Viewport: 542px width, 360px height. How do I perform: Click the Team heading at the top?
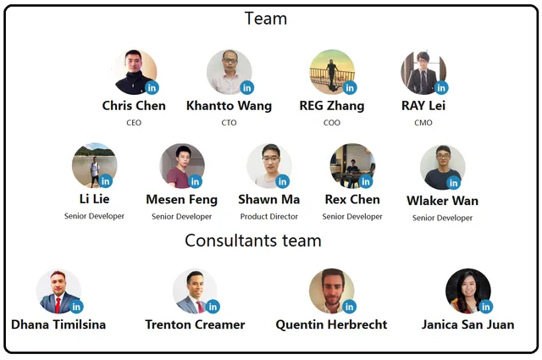coord(266,19)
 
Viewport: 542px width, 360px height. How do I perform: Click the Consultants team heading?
coord(253,241)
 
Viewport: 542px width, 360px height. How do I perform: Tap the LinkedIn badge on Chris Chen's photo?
coord(152,88)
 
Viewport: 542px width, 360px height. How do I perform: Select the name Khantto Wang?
coord(229,106)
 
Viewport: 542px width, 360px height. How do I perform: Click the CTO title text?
coord(229,123)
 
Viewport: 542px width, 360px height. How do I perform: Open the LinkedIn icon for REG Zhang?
coord(350,88)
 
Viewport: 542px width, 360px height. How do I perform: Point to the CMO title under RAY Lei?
coord(423,123)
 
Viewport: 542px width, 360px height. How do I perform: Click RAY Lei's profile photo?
coord(423,72)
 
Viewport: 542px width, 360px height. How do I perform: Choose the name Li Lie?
coord(94,199)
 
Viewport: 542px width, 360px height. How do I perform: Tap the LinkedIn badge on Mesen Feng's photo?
coord(195,181)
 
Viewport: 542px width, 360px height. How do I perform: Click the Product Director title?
coord(269,217)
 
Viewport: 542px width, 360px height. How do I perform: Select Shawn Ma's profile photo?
coord(269,166)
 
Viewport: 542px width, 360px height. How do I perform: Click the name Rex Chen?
coord(352,200)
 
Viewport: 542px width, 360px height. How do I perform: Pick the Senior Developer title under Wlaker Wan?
coord(442,218)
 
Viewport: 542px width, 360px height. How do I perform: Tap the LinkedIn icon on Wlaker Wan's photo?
coord(453,183)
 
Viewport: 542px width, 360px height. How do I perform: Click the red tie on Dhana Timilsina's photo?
coord(58,304)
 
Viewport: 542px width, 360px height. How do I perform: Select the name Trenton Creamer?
coord(195,324)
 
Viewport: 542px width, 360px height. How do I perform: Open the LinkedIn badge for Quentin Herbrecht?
coord(350,307)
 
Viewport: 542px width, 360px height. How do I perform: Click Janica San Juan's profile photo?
coord(468,291)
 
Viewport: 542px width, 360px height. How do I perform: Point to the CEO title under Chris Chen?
coord(134,123)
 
